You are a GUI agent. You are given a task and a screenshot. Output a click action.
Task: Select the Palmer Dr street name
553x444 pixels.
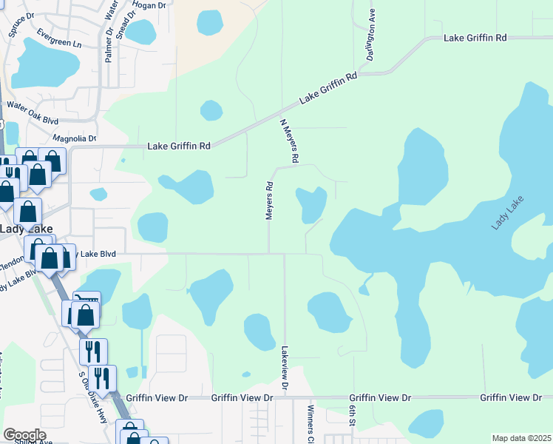(108, 43)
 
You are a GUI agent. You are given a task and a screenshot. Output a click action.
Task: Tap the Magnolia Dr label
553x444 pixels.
(75, 138)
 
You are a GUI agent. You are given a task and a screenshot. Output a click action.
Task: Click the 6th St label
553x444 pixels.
(353, 416)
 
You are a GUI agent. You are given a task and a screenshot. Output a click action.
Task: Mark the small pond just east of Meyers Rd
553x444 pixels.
(311, 203)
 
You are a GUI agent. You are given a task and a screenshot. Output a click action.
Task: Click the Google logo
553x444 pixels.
(24, 435)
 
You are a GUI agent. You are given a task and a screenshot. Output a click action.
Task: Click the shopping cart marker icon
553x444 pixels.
(86, 299)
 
